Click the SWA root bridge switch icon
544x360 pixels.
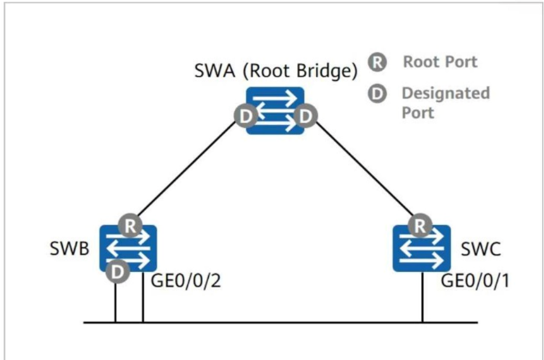[x=275, y=111]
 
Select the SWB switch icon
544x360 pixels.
[x=128, y=248]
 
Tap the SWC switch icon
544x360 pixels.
[x=422, y=248]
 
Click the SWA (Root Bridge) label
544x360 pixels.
[x=276, y=71]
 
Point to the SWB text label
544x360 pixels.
[x=69, y=249]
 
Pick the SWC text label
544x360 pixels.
[x=480, y=249]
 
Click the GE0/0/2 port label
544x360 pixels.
[x=186, y=280]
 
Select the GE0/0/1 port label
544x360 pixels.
[x=475, y=280]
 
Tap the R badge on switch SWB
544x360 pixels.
[x=130, y=226]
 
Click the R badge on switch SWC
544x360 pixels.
[x=420, y=226]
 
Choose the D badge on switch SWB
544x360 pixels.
[x=118, y=271]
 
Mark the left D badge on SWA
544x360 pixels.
[x=246, y=116]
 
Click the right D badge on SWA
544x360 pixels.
[x=306, y=116]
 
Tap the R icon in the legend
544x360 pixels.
[x=377, y=63]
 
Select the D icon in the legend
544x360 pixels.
[x=377, y=93]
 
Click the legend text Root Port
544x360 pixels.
[x=440, y=62]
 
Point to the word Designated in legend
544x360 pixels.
[x=446, y=93]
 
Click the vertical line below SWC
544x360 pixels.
[x=422, y=297]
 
